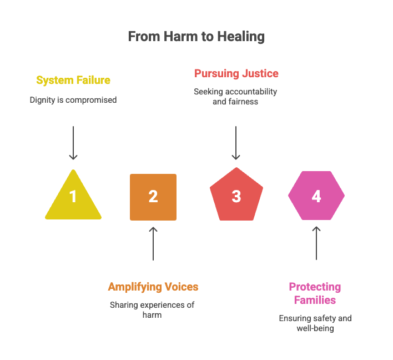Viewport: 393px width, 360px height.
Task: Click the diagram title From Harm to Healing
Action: tap(196, 37)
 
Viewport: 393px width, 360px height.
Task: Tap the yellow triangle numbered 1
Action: tap(73, 197)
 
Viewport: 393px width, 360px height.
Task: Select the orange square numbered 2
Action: tap(153, 197)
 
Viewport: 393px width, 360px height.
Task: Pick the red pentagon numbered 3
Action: tap(236, 196)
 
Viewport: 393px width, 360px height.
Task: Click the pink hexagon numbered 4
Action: tap(316, 196)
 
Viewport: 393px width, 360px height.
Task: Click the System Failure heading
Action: tap(73, 80)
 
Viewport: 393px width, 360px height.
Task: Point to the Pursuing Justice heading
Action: tap(236, 73)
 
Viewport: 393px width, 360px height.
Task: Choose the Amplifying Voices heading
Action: tap(153, 287)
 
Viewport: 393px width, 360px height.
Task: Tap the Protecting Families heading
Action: tap(315, 293)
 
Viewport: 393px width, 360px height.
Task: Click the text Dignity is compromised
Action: tap(73, 101)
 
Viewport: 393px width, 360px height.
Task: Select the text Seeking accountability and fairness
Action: tap(235, 97)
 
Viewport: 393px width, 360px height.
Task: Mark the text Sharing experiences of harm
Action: tap(152, 309)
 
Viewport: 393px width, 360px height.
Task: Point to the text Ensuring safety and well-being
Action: tap(315, 323)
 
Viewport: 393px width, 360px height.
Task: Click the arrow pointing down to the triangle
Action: tap(73, 143)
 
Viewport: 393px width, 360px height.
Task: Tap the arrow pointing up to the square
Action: tap(153, 243)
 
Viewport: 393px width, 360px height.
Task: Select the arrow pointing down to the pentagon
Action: tap(236, 143)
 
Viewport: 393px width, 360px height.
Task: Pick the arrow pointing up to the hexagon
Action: tap(316, 243)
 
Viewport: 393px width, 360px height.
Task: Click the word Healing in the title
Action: tap(241, 37)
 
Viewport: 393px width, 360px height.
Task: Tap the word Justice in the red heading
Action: tap(260, 73)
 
